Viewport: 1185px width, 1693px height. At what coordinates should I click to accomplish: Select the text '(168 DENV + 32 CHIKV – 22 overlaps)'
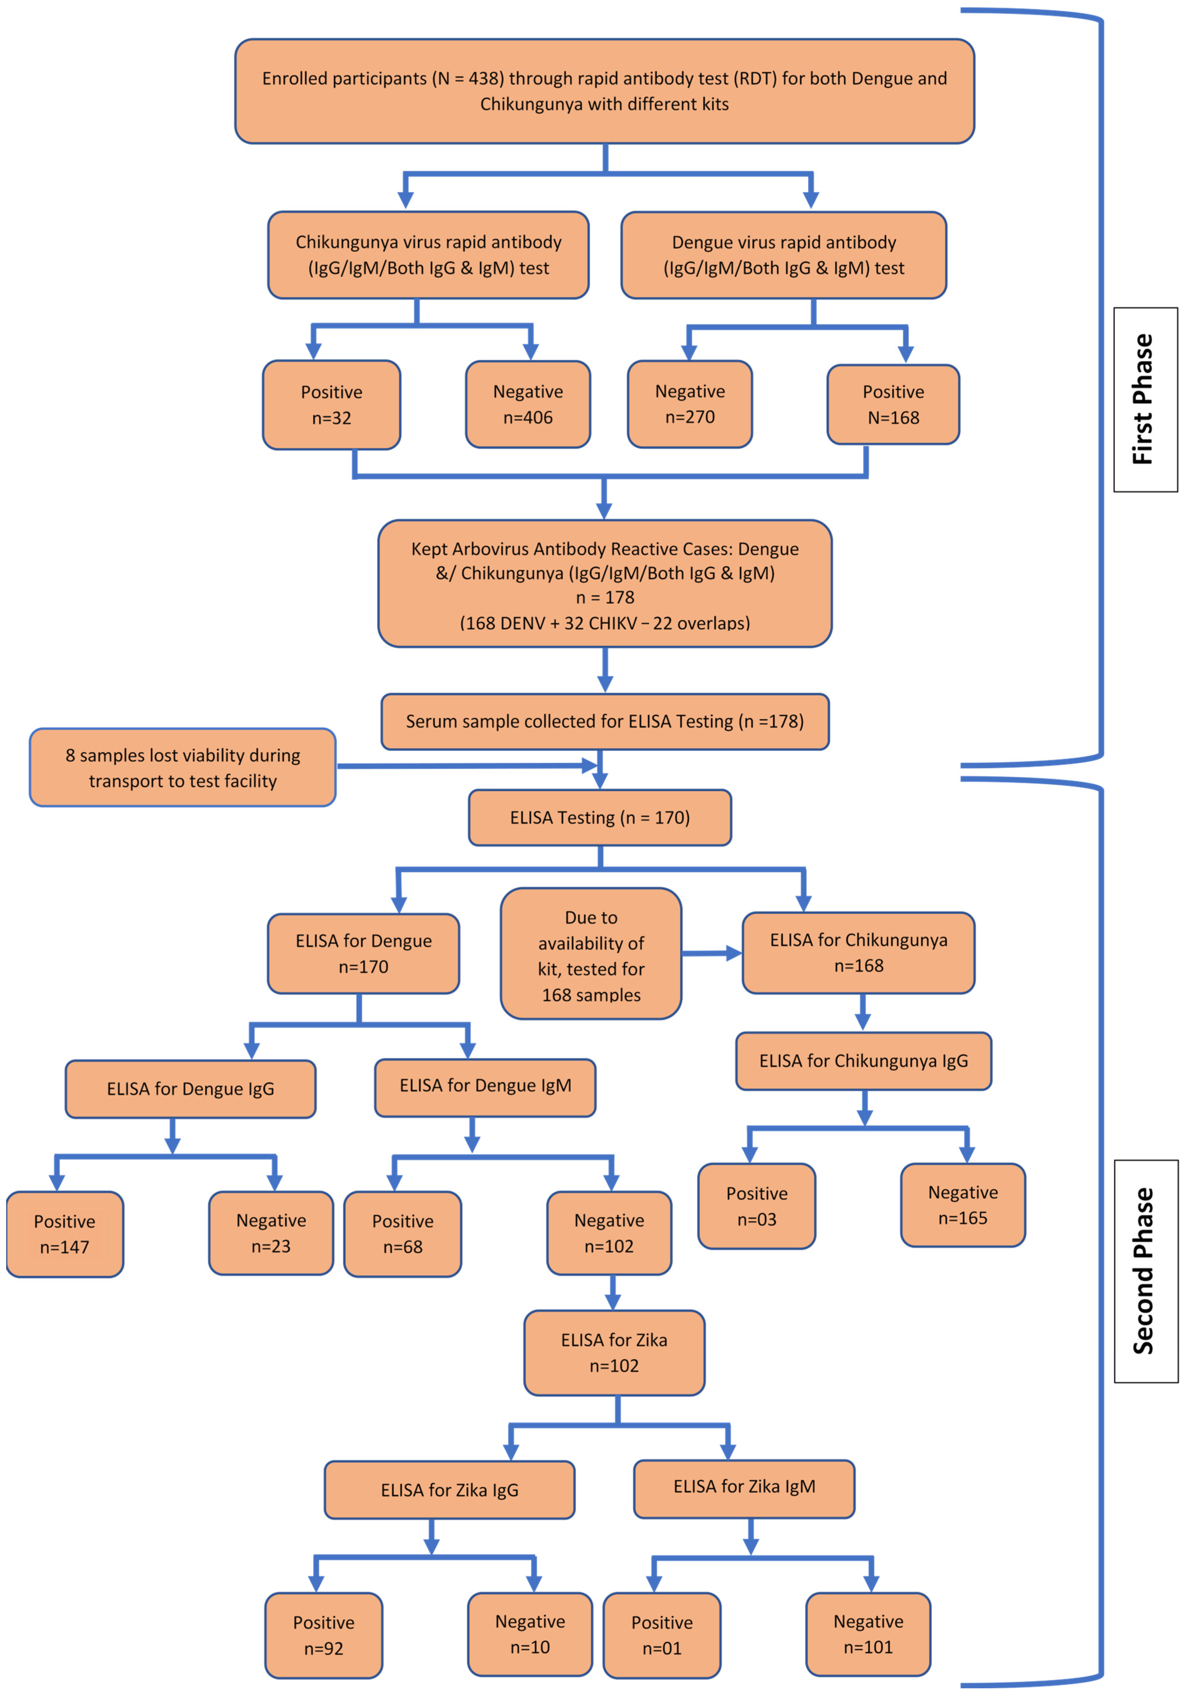click(x=605, y=623)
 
